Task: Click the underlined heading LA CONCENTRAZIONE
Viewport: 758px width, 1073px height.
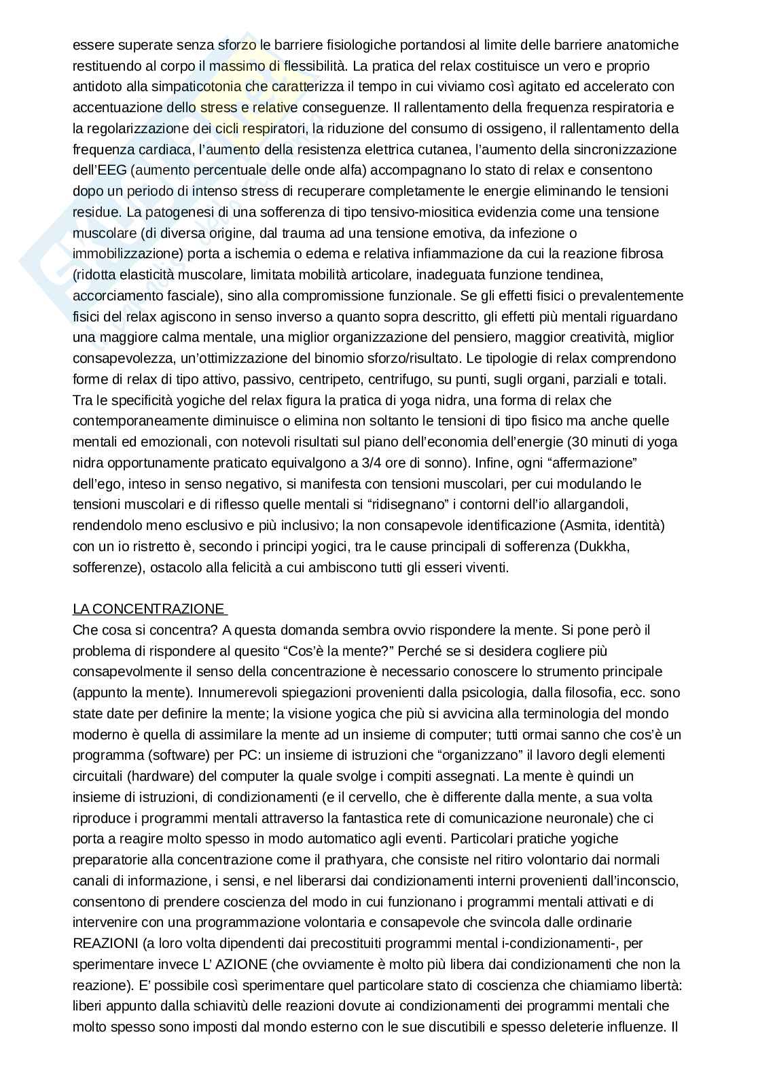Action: tap(148, 609)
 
